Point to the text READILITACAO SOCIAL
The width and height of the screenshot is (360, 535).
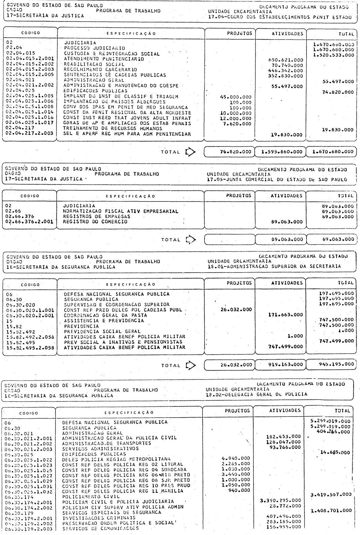coord(94,64)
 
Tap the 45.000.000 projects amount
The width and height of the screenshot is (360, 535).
coord(235,97)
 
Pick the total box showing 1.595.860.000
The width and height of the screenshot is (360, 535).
coord(281,152)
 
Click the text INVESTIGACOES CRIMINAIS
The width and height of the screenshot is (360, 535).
coord(99,518)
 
